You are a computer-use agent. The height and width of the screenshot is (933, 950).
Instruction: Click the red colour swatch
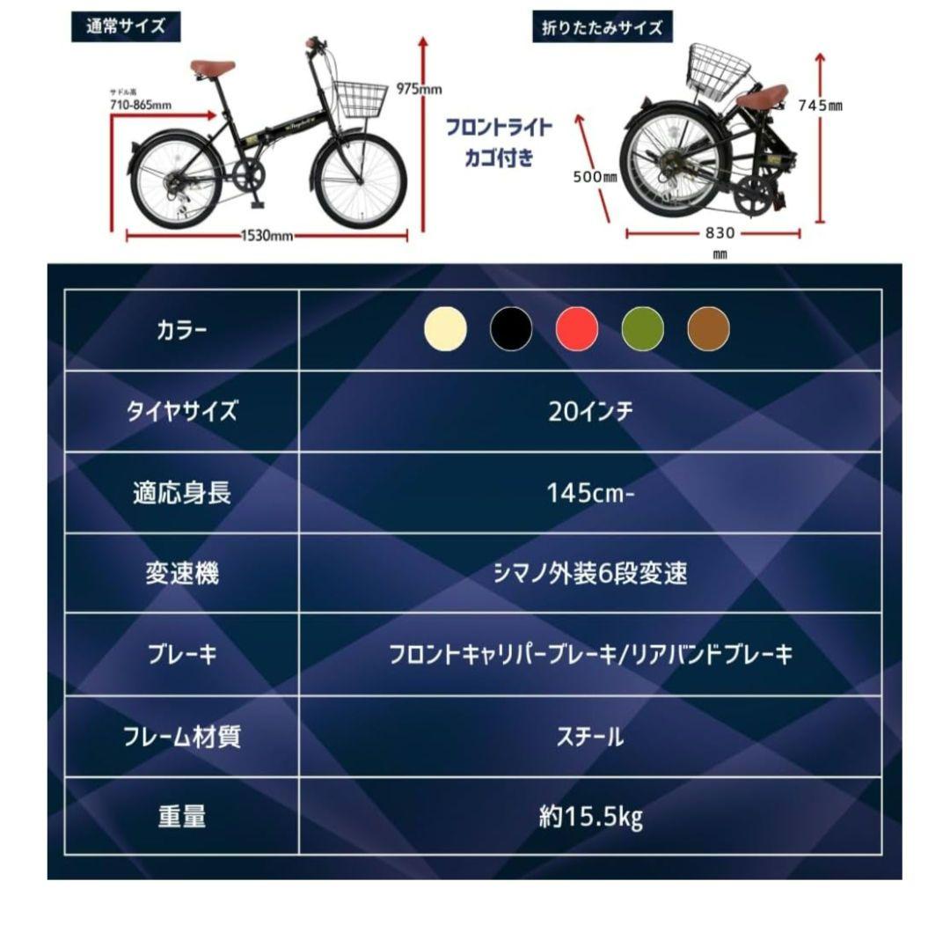pyautogui.click(x=577, y=330)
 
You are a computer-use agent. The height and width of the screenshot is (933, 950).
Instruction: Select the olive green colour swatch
pyautogui.click(x=643, y=330)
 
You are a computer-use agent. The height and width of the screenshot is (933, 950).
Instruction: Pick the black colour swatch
pyautogui.click(x=511, y=330)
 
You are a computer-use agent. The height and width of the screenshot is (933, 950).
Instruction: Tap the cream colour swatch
pyautogui.click(x=445, y=330)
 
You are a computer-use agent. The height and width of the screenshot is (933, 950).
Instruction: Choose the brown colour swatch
pyautogui.click(x=708, y=330)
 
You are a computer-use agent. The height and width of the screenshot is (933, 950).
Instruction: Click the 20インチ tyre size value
pyautogui.click(x=590, y=411)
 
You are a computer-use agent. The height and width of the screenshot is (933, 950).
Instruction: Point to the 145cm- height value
pyautogui.click(x=590, y=492)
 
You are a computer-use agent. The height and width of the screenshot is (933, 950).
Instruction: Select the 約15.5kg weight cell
pyautogui.click(x=590, y=818)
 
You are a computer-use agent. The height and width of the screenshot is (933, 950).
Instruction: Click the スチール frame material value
pyautogui.click(x=590, y=737)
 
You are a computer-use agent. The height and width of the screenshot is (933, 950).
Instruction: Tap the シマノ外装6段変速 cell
pyautogui.click(x=590, y=574)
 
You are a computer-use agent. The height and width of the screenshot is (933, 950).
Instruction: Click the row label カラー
pyautogui.click(x=182, y=330)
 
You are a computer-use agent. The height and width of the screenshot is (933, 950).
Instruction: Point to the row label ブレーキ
pyautogui.click(x=182, y=656)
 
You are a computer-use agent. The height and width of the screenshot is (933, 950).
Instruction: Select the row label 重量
pyautogui.click(x=182, y=818)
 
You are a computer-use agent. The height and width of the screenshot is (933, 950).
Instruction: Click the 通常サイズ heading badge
pyautogui.click(x=125, y=26)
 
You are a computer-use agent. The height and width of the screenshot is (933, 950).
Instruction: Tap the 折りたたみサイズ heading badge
pyautogui.click(x=602, y=27)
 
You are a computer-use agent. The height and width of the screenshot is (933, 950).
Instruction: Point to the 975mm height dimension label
pyautogui.click(x=419, y=90)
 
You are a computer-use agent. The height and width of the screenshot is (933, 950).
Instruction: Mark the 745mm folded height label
pyautogui.click(x=820, y=106)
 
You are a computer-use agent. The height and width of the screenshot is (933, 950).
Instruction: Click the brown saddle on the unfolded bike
pyautogui.click(x=213, y=68)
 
